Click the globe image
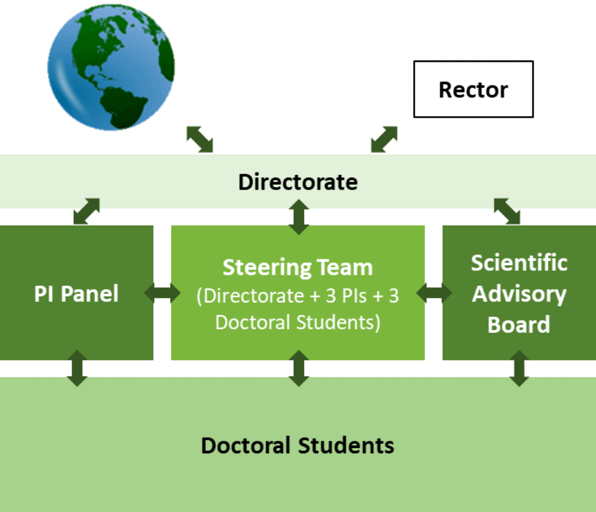[111, 68]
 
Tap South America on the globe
[122, 107]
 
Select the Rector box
[474, 89]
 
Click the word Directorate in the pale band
[298, 182]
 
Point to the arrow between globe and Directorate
[200, 139]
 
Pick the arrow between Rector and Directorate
[384, 139]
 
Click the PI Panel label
[77, 293]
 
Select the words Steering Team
[298, 267]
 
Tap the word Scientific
[519, 263]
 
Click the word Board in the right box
[519, 325]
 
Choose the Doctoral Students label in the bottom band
[298, 445]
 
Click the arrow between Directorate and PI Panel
[87, 211]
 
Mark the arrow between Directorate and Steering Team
[299, 217]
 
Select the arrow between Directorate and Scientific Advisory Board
[507, 211]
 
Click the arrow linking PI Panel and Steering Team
[163, 293]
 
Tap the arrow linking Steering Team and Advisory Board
[434, 293]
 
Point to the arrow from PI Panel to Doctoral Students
[77, 369]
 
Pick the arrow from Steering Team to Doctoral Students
[299, 369]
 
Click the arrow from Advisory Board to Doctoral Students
[519, 369]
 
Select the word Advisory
[519, 295]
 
